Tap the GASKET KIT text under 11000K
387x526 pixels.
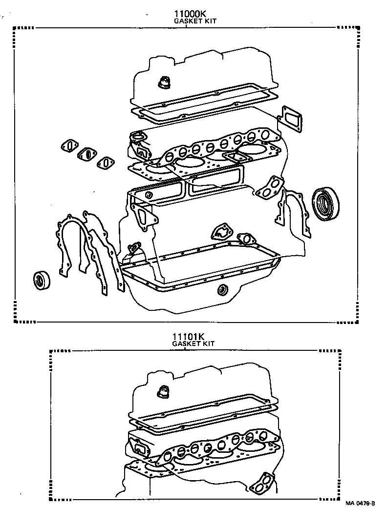pyautogui.click(x=195, y=21)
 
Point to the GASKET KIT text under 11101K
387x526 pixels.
pyautogui.click(x=193, y=344)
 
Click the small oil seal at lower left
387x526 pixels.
pyautogui.click(x=42, y=280)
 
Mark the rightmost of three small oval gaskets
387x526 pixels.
pyautogui.click(x=106, y=163)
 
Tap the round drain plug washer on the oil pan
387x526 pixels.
pyautogui.click(x=223, y=289)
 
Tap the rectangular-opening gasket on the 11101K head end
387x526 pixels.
pyautogui.click(x=139, y=447)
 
